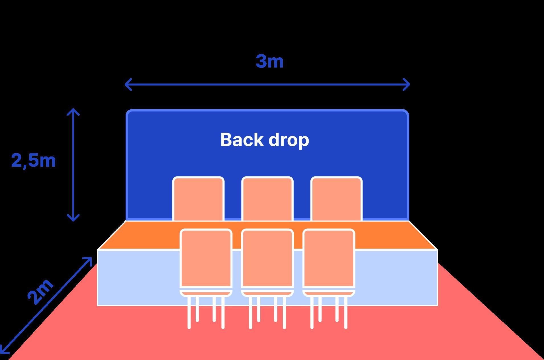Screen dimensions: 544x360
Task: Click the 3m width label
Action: tap(269, 61)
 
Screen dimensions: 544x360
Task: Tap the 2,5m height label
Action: tap(33, 160)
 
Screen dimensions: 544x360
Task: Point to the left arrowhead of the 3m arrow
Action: tap(127, 84)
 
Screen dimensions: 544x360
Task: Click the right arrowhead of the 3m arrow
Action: tap(408, 84)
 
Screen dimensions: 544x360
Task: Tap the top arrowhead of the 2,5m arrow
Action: tap(73, 111)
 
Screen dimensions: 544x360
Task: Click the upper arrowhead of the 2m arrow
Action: tap(89, 260)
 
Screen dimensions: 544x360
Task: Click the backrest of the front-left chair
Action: tap(206, 258)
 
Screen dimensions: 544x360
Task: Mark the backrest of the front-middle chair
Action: tap(267, 258)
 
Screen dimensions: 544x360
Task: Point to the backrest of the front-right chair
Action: tap(329, 258)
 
